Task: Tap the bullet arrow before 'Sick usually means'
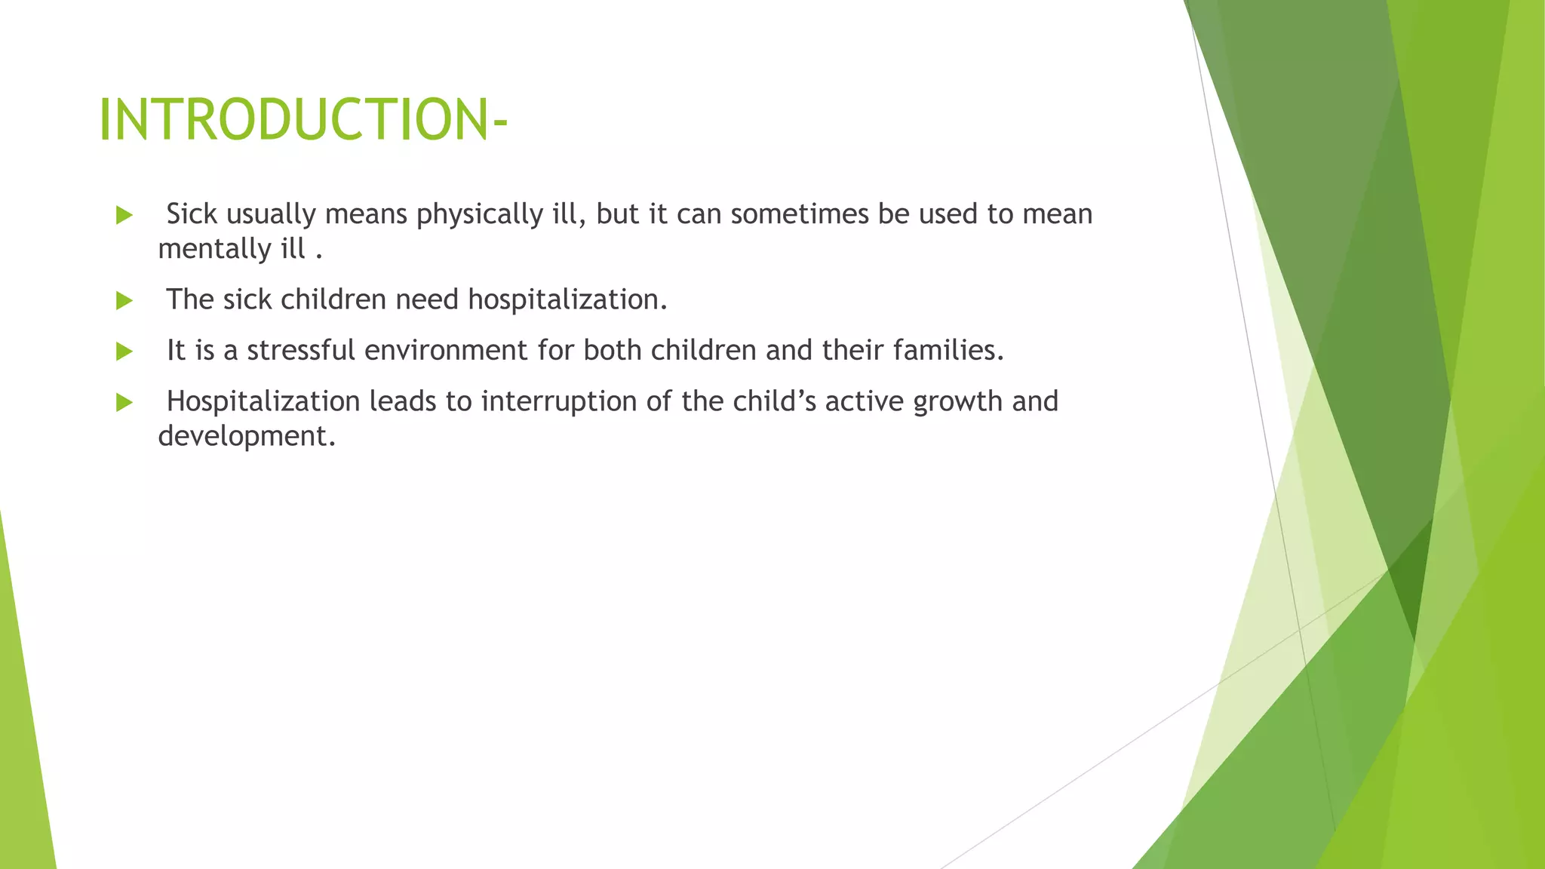click(124, 216)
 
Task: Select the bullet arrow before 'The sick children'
click(124, 301)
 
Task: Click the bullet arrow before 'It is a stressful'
click(124, 352)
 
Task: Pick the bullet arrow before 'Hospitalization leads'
click(124, 403)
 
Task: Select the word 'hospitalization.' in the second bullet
click(567, 300)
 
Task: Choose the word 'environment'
click(446, 351)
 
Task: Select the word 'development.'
click(247, 437)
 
